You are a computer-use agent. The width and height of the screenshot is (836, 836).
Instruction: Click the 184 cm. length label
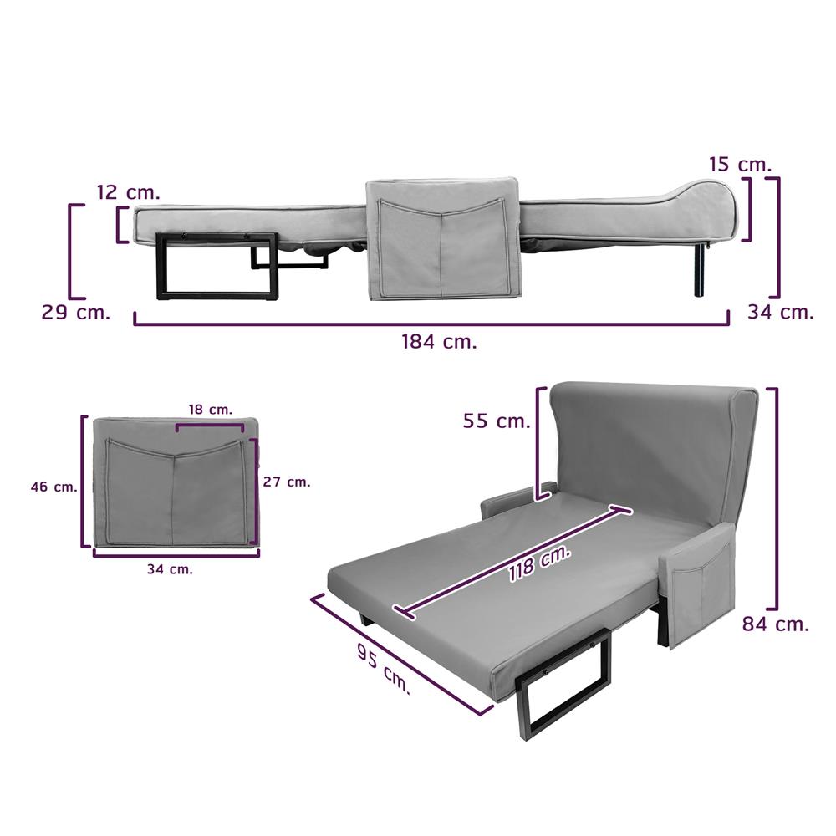pyautogui.click(x=439, y=341)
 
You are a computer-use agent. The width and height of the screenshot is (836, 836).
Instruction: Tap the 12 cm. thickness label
pyautogui.click(x=129, y=192)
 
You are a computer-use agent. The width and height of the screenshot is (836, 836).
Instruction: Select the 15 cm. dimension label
pyautogui.click(x=740, y=164)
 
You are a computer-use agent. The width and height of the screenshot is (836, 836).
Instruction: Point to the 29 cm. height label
pyautogui.click(x=76, y=312)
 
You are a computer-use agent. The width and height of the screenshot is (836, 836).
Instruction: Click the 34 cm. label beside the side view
pyautogui.click(x=781, y=311)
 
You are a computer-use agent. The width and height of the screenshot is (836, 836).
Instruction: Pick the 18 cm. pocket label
pyautogui.click(x=211, y=410)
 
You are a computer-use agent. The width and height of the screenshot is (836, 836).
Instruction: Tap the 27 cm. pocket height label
pyautogui.click(x=287, y=482)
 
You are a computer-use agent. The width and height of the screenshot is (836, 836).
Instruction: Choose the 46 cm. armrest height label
pyautogui.click(x=54, y=487)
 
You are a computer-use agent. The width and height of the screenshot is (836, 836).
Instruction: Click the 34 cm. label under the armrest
pyautogui.click(x=170, y=569)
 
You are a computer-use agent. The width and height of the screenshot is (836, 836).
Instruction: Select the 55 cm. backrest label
pyautogui.click(x=497, y=421)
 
